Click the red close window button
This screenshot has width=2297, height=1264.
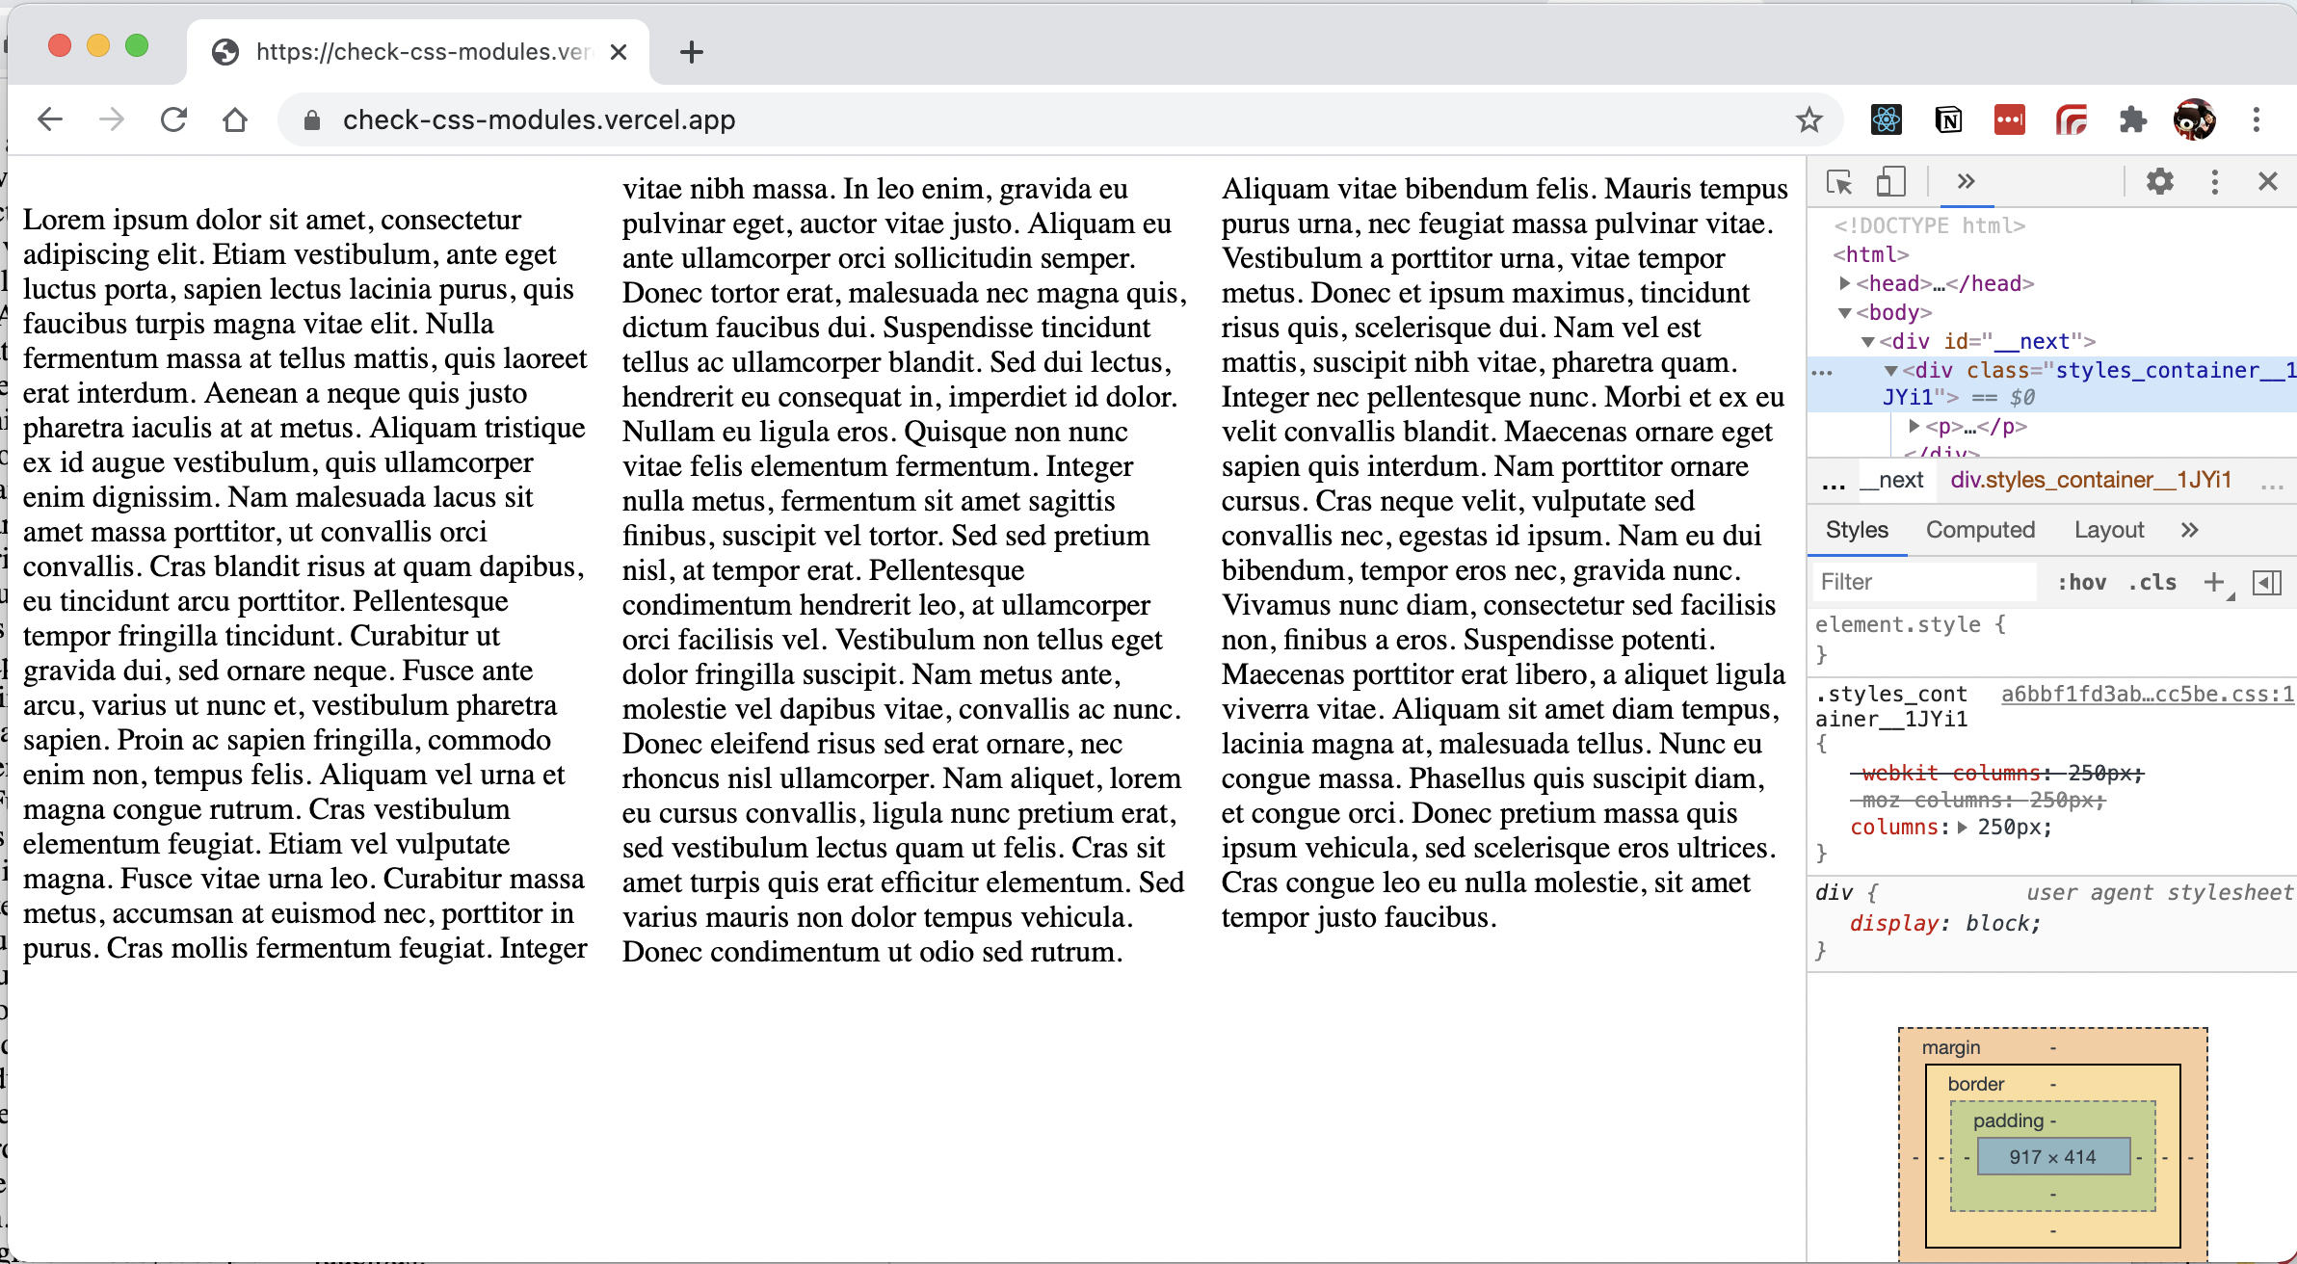pos(60,46)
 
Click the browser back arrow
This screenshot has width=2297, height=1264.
pos(50,119)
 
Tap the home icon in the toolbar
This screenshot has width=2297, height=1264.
pos(235,119)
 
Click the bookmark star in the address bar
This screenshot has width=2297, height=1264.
pos(1809,119)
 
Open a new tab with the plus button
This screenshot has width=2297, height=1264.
pos(691,52)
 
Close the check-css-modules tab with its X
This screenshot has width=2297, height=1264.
pos(619,52)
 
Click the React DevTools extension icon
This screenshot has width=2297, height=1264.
pos(1886,119)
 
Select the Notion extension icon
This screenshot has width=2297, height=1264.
pos(1947,119)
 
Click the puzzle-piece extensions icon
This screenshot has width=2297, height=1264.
pos(2132,119)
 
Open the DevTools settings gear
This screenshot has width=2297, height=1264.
pos(2159,181)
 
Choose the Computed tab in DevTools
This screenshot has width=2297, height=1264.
pos(1980,530)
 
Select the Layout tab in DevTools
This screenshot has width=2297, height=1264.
pos(2109,530)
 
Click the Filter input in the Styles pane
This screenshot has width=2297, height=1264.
pos(1922,582)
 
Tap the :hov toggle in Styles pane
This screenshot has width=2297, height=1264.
pos(2081,582)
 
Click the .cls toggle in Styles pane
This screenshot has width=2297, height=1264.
pos(2152,582)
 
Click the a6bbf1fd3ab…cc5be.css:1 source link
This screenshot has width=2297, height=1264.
pos(2147,694)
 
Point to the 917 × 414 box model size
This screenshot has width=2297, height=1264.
pos(2052,1157)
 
